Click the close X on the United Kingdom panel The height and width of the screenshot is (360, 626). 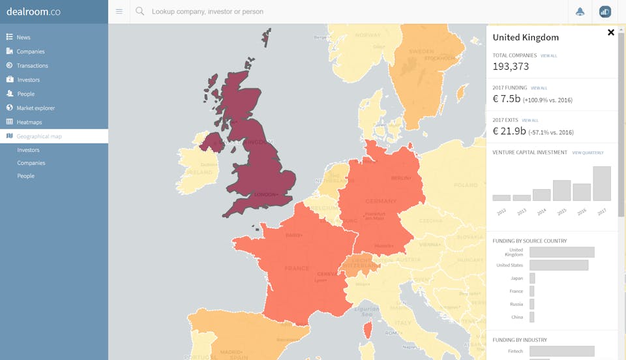(x=611, y=32)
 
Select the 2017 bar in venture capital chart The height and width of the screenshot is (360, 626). (x=602, y=183)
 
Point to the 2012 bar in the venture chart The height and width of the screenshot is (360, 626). (x=501, y=198)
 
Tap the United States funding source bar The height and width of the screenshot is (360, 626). (x=559, y=265)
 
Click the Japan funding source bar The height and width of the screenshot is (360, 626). (x=532, y=278)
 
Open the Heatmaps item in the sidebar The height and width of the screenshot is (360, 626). (x=29, y=122)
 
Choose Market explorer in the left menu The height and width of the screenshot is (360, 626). (x=35, y=108)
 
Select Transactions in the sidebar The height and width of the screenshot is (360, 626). (x=32, y=65)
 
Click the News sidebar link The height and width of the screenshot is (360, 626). (x=23, y=37)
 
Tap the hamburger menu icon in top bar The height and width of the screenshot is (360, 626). (x=119, y=12)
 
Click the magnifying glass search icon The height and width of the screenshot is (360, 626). (x=140, y=12)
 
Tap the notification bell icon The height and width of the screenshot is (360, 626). (x=580, y=12)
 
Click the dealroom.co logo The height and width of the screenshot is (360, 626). (x=33, y=11)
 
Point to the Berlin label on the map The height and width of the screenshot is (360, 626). (x=399, y=178)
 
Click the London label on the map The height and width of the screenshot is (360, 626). (x=266, y=194)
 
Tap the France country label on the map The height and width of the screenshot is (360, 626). (x=297, y=268)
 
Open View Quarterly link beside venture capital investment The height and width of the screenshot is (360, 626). (x=588, y=153)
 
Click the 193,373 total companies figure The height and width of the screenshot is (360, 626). (x=511, y=67)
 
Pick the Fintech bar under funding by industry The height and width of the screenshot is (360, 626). (x=561, y=351)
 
